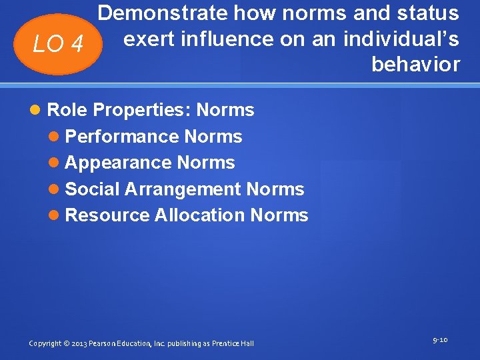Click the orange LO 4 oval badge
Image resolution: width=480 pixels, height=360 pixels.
pos(59,45)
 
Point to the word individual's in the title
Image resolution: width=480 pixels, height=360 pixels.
pos(401,39)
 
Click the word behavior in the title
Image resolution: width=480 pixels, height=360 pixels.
pos(415,65)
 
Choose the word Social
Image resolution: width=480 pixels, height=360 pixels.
pos(93,189)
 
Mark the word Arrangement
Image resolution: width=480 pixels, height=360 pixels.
pos(184,189)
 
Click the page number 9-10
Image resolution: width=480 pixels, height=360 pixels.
pos(440,340)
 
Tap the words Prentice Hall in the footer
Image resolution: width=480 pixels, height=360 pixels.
pos(233,343)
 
